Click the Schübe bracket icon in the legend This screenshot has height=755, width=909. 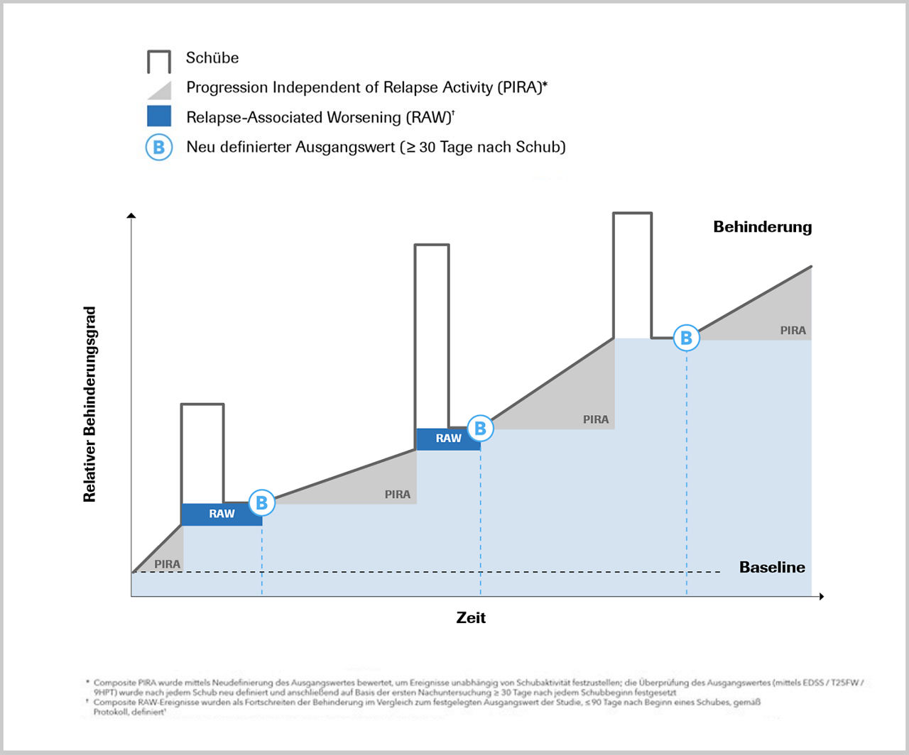pyautogui.click(x=159, y=62)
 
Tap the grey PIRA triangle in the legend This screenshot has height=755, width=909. pyautogui.click(x=161, y=91)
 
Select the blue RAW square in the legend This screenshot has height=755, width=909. pyautogui.click(x=159, y=116)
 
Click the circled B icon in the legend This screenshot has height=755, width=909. pyautogui.click(x=159, y=148)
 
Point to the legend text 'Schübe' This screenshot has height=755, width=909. pyautogui.click(x=212, y=58)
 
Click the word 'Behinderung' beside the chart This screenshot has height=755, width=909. pyautogui.click(x=762, y=227)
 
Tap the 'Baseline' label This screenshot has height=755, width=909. pyautogui.click(x=772, y=567)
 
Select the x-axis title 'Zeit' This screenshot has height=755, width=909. pyautogui.click(x=471, y=617)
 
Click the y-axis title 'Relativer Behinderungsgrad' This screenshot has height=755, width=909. pyautogui.click(x=89, y=404)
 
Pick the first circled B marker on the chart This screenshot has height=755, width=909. pyautogui.click(x=262, y=502)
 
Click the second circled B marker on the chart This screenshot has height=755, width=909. pyautogui.click(x=480, y=428)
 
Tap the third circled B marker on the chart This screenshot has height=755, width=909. pyautogui.click(x=686, y=338)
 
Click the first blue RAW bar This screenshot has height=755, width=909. pyautogui.click(x=222, y=514)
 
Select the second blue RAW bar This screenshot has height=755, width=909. pyautogui.click(x=448, y=439)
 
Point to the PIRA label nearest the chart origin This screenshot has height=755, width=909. pyautogui.click(x=168, y=564)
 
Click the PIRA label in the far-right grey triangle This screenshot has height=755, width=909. pyautogui.click(x=793, y=330)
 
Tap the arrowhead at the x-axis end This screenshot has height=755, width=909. pyautogui.click(x=821, y=597)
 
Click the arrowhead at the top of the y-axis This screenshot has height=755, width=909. pyautogui.click(x=131, y=216)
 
